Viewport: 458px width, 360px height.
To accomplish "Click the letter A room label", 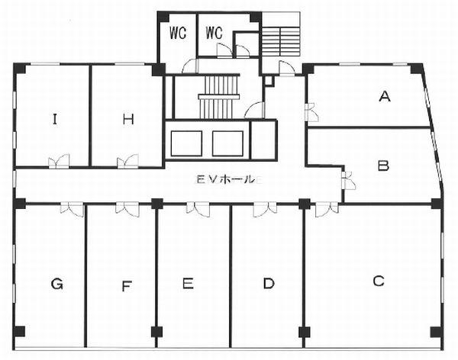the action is (385, 96).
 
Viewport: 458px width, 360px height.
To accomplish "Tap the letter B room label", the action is (383, 166).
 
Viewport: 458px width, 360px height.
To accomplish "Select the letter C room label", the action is (379, 281).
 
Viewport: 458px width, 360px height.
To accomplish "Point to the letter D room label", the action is (269, 283).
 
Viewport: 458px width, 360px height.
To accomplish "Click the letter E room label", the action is (188, 283).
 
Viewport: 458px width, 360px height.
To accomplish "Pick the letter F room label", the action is (127, 286).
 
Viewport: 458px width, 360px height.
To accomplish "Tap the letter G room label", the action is (56, 284).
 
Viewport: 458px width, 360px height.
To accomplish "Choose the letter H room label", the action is (128, 119).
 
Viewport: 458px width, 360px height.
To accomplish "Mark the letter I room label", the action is (54, 119).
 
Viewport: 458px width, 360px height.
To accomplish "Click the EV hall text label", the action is (228, 180).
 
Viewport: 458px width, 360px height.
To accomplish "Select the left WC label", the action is (178, 33).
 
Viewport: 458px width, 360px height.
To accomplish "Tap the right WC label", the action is (214, 33).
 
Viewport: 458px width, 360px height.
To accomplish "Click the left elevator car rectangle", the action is (186, 143).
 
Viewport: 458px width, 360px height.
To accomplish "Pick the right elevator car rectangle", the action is (227, 143).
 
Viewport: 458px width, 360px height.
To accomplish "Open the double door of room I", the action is (59, 161).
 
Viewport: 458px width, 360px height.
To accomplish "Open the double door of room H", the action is (127, 161).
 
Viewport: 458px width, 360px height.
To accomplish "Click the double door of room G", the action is (73, 209).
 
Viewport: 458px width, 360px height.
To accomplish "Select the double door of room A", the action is (311, 112).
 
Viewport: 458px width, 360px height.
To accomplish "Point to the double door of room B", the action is (349, 180).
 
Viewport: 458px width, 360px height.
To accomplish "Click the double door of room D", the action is (265, 209).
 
